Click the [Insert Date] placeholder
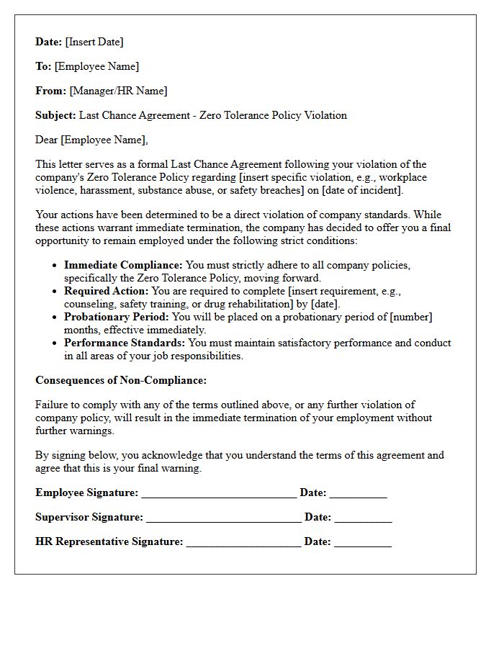tap(94, 42)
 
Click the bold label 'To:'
tap(43, 66)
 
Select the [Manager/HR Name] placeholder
tap(118, 91)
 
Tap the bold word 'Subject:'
tap(55, 115)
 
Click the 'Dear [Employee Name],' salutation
tap(91, 140)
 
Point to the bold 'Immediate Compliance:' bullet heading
tap(123, 265)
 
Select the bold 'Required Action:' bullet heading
tap(107, 291)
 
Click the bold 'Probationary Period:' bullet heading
tap(117, 317)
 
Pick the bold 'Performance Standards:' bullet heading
tap(125, 343)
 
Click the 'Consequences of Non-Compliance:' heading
tap(121, 380)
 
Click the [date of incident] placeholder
tap(361, 190)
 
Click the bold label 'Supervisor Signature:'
tap(89, 517)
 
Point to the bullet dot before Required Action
tap(55, 292)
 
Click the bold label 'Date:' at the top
tap(49, 42)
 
